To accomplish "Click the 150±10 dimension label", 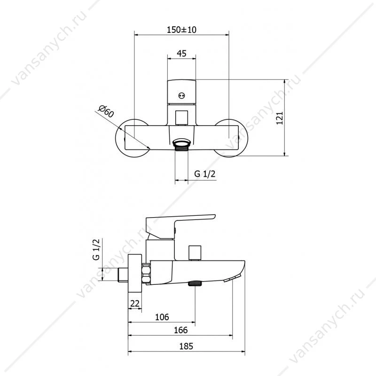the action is tap(181, 30).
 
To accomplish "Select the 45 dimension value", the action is tap(181, 53).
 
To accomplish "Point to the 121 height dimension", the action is tap(280, 118).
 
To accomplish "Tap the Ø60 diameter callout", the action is tap(106, 111).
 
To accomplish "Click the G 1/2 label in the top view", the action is tap(205, 173).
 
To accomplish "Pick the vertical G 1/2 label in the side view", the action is tap(96, 250).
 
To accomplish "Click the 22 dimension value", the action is tap(135, 304).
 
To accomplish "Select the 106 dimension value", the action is tap(162, 317).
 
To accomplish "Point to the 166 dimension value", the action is tap(180, 330).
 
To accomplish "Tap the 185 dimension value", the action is tap(186, 346).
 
